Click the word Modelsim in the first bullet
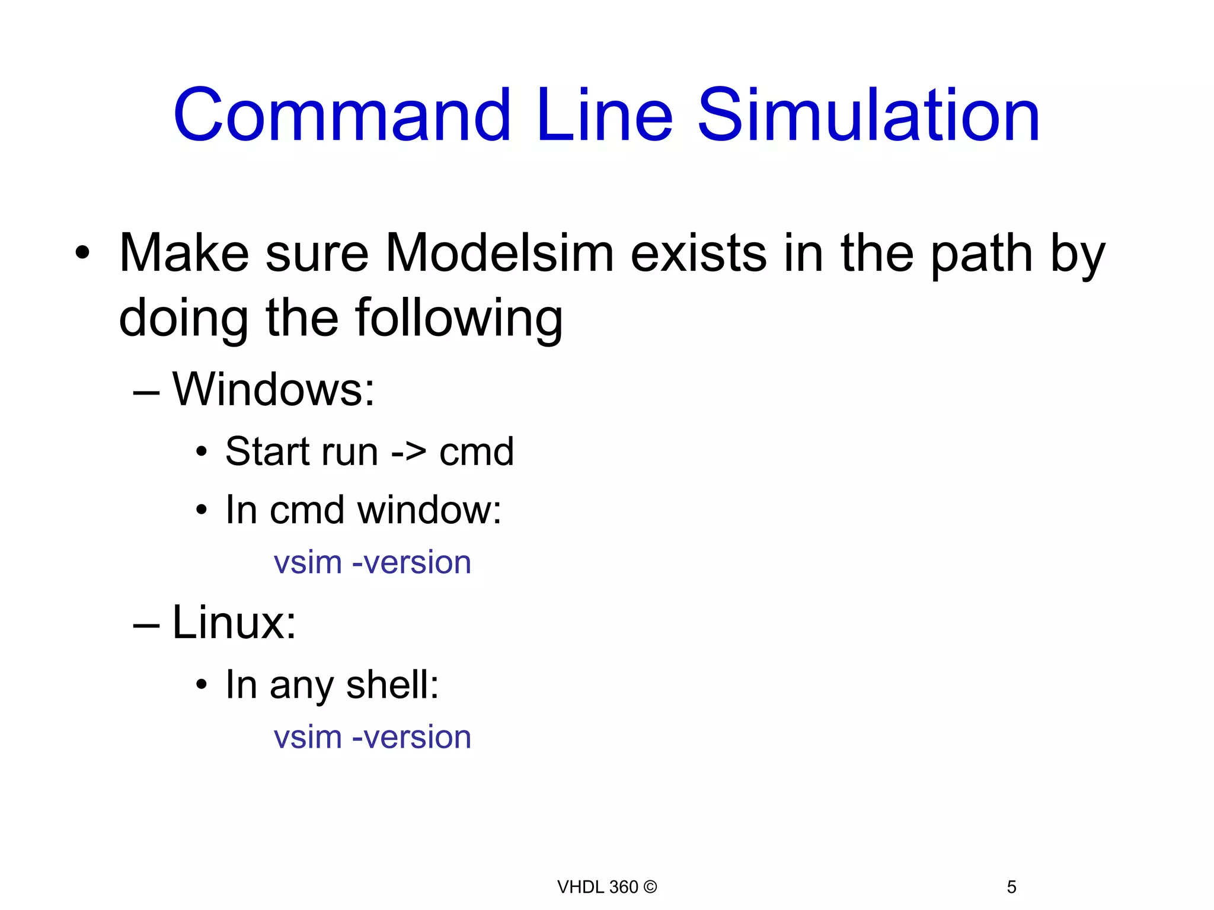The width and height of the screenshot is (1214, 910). pos(500,254)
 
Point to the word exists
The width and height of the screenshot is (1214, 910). pos(698,254)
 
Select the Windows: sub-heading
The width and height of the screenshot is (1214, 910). pos(273,389)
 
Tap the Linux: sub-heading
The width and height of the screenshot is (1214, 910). pos(234,623)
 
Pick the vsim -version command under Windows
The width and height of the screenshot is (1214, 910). pos(372,562)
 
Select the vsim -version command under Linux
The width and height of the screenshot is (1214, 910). pos(372,737)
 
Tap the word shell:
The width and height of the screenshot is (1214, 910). pos(392,684)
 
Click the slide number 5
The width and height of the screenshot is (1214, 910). pos(1011,887)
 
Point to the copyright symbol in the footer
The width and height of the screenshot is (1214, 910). pos(650,887)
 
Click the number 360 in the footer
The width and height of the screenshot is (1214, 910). pos(623,887)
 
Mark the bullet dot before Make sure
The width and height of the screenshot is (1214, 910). pos(82,254)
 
